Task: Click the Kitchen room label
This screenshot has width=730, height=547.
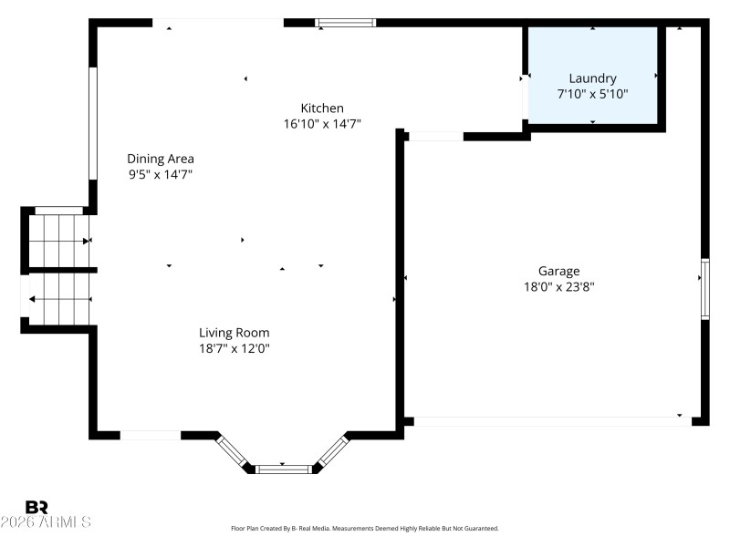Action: (x=322, y=108)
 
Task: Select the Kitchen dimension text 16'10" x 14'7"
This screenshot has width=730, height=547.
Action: (x=322, y=124)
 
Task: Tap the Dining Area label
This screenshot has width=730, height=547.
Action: (x=160, y=159)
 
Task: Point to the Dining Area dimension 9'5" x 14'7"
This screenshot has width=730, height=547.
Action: (x=160, y=174)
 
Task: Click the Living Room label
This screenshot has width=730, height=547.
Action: (x=235, y=333)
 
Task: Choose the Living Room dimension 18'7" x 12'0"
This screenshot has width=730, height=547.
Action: (x=235, y=348)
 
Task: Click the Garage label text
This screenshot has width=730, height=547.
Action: (x=558, y=271)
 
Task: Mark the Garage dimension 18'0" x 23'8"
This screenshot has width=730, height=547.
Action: (x=558, y=286)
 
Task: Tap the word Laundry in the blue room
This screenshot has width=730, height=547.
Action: (x=592, y=78)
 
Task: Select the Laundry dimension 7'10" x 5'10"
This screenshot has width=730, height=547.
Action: (x=592, y=94)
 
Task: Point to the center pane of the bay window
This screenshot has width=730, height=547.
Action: (x=283, y=469)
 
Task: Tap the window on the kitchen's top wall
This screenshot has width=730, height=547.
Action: (x=346, y=23)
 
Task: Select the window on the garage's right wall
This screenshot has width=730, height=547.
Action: (x=704, y=289)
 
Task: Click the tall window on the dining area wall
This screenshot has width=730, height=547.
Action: (x=92, y=122)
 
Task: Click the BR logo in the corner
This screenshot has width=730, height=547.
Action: (x=36, y=507)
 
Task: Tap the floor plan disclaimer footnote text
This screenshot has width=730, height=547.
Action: (x=365, y=529)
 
